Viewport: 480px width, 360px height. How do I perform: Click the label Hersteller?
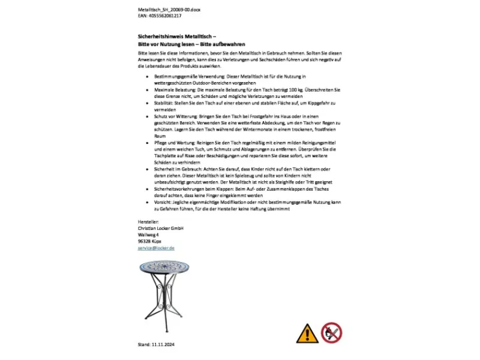pos(148,222)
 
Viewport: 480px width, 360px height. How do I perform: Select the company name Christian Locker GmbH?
pos(160,229)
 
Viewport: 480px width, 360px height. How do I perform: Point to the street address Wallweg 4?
pos(148,235)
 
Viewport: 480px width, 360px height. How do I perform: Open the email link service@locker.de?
pos(156,248)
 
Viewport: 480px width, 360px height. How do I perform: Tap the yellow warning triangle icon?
pos(308,333)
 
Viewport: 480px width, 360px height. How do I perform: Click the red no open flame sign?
pos(331,333)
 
